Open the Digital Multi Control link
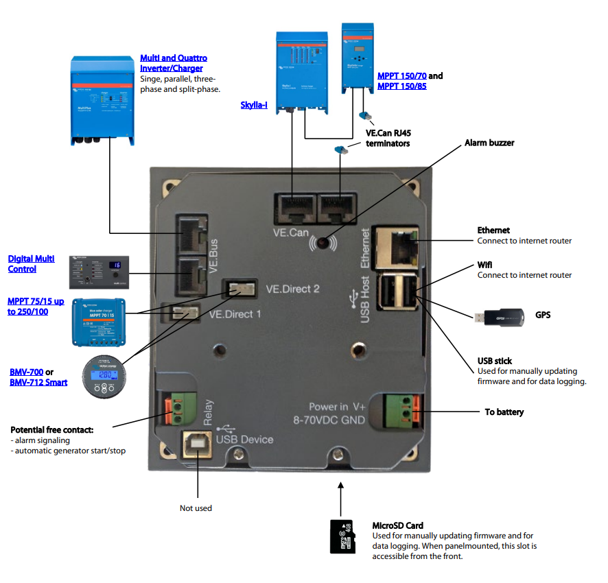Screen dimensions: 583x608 (x=32, y=264)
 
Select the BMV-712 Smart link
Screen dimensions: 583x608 (x=38, y=382)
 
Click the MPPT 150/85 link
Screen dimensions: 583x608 (x=400, y=86)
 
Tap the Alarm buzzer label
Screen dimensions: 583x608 (x=489, y=143)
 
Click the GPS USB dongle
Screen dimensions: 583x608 (x=498, y=317)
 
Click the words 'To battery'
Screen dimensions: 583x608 (x=504, y=412)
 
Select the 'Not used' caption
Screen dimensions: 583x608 (x=196, y=508)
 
